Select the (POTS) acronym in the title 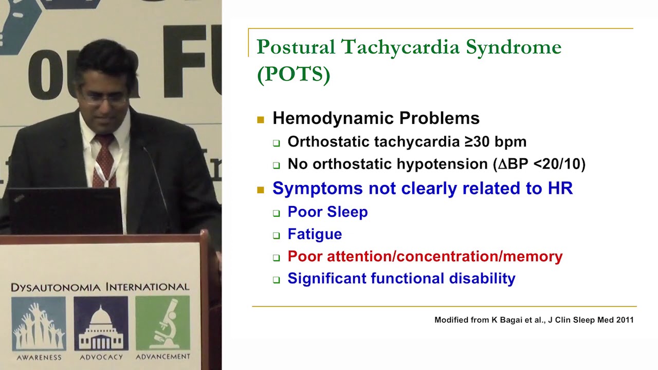coord(293,75)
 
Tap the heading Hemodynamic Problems coord(376,118)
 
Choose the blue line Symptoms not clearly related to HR coord(422,188)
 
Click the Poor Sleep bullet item coord(327,212)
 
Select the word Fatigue coord(315,234)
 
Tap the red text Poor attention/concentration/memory coord(425,256)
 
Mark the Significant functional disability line coord(401,279)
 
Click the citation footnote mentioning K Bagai coord(534,320)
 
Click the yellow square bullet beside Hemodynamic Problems coord(261,120)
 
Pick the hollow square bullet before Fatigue coord(277,236)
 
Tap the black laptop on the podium coord(65,211)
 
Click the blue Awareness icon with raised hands coord(39,324)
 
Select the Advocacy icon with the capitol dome coord(101,324)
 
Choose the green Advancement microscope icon coord(162,324)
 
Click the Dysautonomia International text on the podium coord(100,287)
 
